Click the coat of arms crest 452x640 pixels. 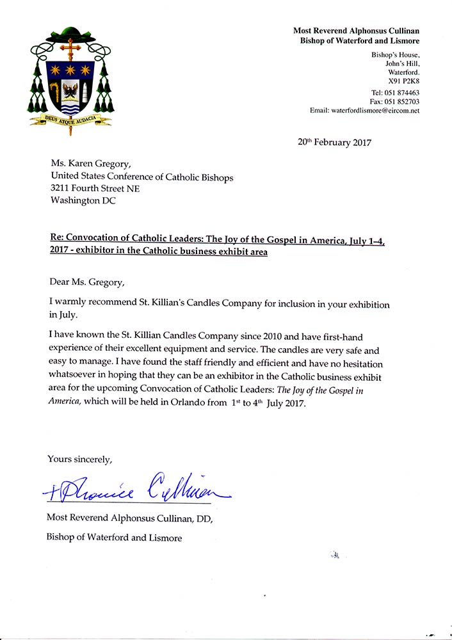coord(71,80)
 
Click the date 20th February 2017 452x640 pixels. coord(334,143)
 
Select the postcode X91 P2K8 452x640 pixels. coord(403,82)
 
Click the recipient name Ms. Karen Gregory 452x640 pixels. coord(91,165)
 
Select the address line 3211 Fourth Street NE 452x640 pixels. coord(95,189)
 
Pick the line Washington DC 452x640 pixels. coord(83,200)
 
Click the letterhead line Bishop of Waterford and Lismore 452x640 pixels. coord(360,40)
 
